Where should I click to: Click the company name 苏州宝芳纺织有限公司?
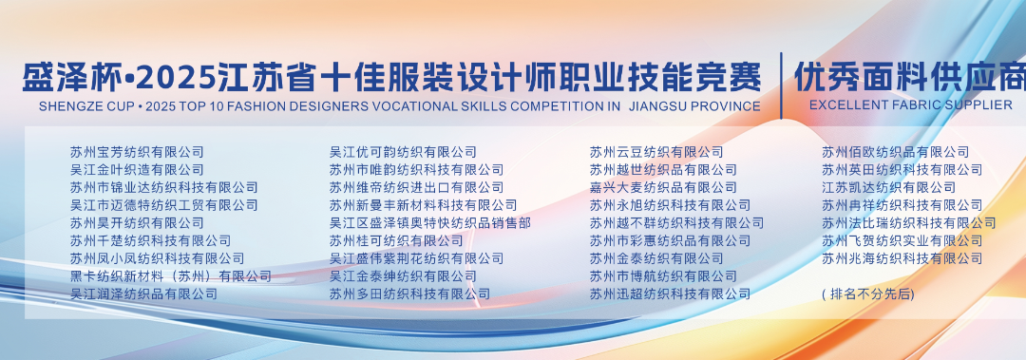[x=137, y=152]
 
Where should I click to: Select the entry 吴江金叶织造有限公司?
[x=137, y=169]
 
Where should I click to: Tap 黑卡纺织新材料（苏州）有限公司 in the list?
[x=170, y=276]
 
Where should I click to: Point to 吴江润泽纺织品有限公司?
[x=143, y=294]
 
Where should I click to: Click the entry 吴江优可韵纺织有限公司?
[x=403, y=152]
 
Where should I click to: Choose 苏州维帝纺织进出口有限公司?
[x=416, y=187]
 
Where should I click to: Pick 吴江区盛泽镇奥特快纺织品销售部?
[x=429, y=223]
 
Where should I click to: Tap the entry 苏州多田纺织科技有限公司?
[x=409, y=294]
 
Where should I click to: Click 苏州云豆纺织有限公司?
[x=655, y=152]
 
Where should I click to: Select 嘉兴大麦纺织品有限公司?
[x=662, y=187]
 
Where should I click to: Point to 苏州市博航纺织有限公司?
[x=662, y=276]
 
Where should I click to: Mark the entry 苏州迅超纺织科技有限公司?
[x=669, y=294]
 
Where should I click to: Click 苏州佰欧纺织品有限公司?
[x=895, y=152]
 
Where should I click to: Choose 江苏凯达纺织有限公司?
[x=888, y=187]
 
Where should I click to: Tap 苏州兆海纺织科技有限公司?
[x=902, y=258]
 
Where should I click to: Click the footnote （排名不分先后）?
[x=867, y=294]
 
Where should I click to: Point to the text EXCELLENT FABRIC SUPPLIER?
[x=910, y=104]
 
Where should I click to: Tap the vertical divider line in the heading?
[x=780, y=85]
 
